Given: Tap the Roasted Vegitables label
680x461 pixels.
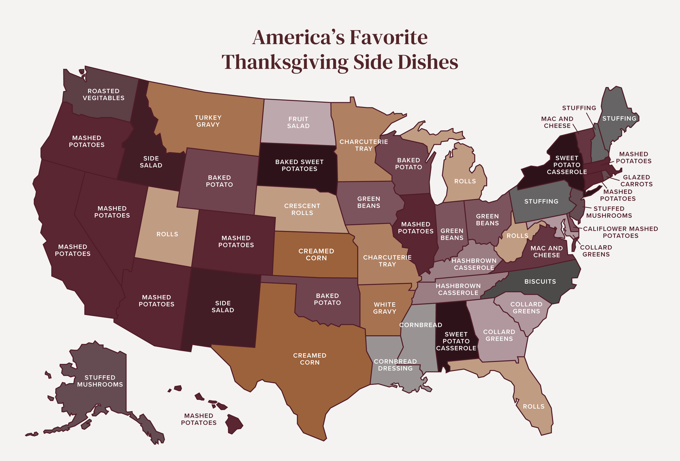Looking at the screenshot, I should [x=104, y=94].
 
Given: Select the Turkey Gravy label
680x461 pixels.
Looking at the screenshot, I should [x=208, y=121].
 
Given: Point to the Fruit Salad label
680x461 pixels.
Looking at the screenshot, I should [x=298, y=123].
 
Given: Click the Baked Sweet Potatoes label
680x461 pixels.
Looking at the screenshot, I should [x=299, y=165].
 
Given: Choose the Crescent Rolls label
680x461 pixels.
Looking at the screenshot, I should [x=302, y=209].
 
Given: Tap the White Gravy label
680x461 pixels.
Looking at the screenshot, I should [x=384, y=308].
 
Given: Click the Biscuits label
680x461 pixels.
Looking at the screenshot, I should [x=540, y=281].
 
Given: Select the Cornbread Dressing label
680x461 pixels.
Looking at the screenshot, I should [x=395, y=365].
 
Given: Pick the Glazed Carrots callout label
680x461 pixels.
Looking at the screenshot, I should [x=636, y=181].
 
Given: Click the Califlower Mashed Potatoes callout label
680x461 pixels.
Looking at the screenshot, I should [x=620, y=232].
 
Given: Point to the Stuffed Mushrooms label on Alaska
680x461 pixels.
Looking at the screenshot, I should [x=100, y=381].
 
